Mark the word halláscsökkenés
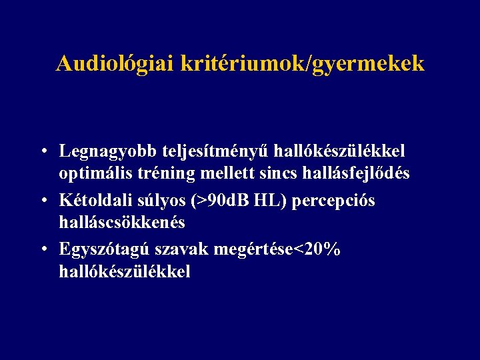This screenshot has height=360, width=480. (x=121, y=222)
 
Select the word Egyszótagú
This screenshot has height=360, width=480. (x=105, y=249)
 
